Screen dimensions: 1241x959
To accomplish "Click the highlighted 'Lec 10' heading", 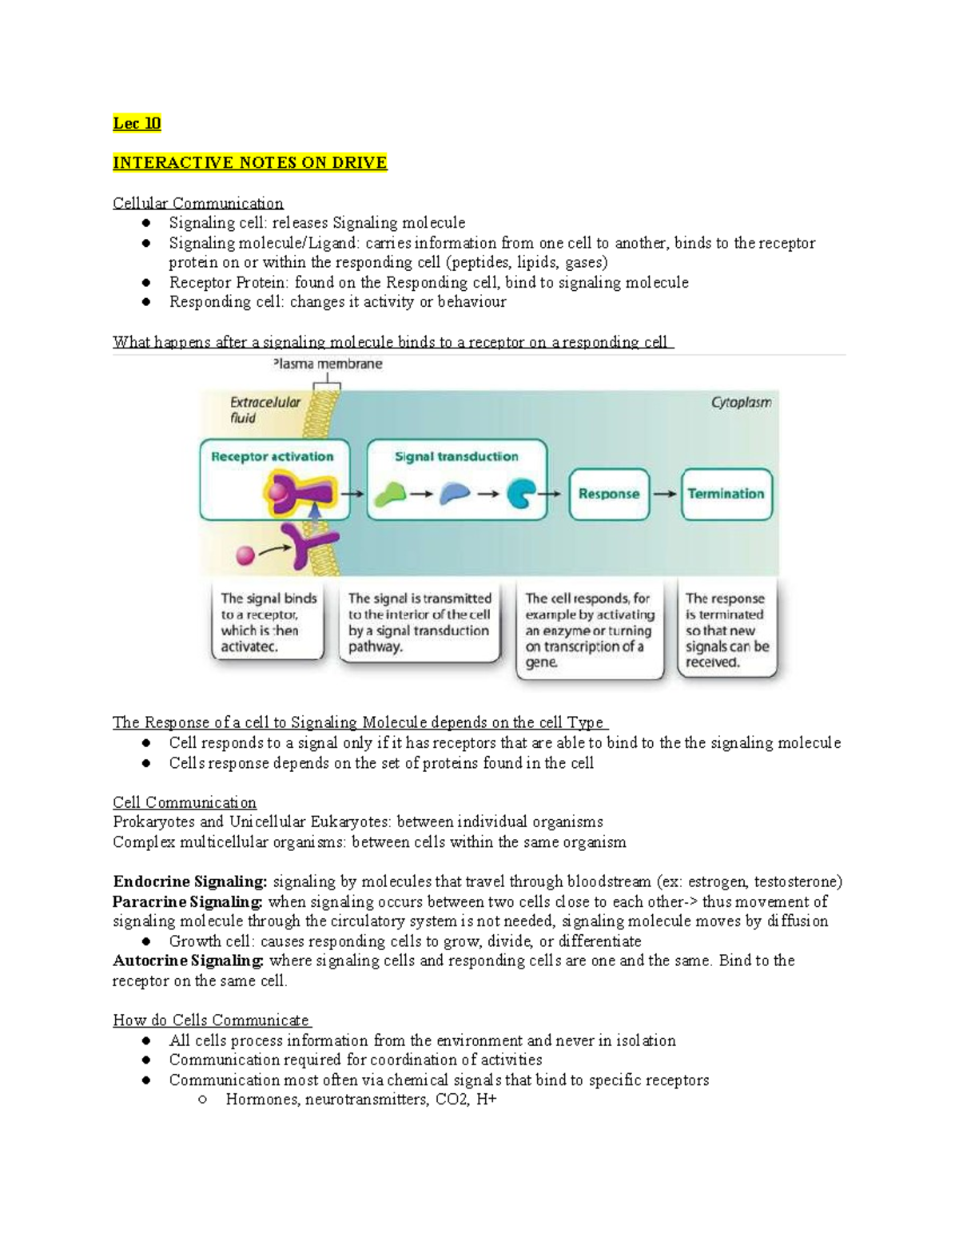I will pos(137,123).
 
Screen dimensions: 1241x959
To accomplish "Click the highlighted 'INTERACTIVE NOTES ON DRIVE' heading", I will pos(249,163).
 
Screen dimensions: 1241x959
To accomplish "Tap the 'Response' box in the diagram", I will pos(608,494).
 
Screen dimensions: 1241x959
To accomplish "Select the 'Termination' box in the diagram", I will pos(726,494).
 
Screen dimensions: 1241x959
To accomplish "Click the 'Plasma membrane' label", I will pos(328,364).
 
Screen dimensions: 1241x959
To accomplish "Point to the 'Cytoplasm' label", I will pos(741,403).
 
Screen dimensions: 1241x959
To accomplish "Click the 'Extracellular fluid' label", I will pos(265,410).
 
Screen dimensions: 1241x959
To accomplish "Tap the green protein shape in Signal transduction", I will pos(390,495).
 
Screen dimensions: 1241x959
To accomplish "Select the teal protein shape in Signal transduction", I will pos(521,494).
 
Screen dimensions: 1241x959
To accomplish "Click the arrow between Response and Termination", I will pos(665,494).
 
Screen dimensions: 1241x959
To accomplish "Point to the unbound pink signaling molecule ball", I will pos(245,555).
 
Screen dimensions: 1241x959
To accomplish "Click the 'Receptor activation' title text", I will pos(272,457).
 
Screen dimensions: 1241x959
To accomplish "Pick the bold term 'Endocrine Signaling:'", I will pos(189,882).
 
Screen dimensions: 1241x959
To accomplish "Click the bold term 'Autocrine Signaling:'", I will pos(188,961).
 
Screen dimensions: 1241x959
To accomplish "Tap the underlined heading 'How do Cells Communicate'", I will pos(211,1020).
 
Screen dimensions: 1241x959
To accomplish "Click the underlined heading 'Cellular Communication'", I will pos(197,203).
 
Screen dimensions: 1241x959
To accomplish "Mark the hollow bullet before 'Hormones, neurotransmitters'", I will pos(203,1100).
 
